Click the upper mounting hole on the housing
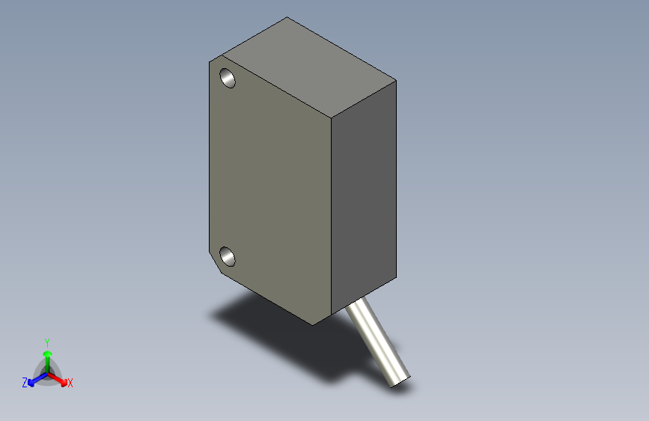228,77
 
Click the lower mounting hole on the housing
228,257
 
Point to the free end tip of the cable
400,381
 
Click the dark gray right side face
364,202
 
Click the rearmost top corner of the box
287,17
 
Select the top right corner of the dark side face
395,79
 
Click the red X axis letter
70,383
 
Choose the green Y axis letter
47,341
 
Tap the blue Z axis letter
25,382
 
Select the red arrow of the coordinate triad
60,378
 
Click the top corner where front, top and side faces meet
330,118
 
